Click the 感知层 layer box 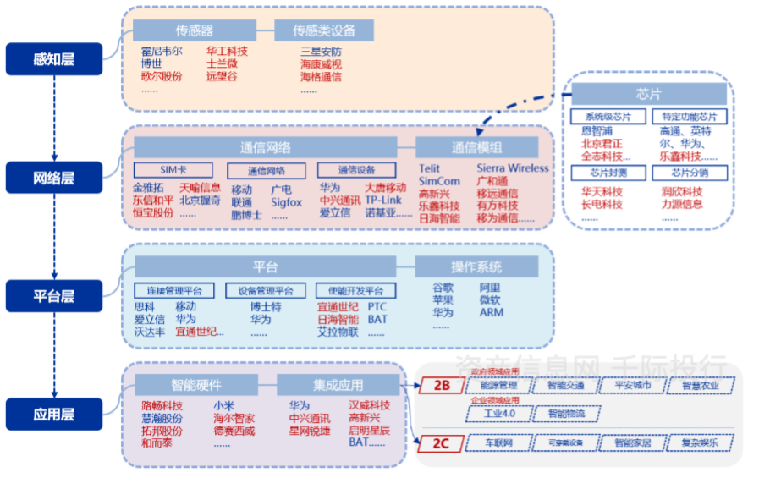coord(54,59)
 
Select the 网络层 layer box coord(54,178)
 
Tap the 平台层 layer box coord(54,296)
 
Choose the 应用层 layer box coord(54,415)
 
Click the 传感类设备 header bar coord(324,31)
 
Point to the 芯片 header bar coord(649,93)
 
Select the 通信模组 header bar coord(476,147)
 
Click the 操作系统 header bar coord(476,267)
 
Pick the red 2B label coord(443,386)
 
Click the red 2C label coord(443,442)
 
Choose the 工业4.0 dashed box coord(498,415)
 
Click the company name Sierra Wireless coord(512,168)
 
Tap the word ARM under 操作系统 coord(491,312)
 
